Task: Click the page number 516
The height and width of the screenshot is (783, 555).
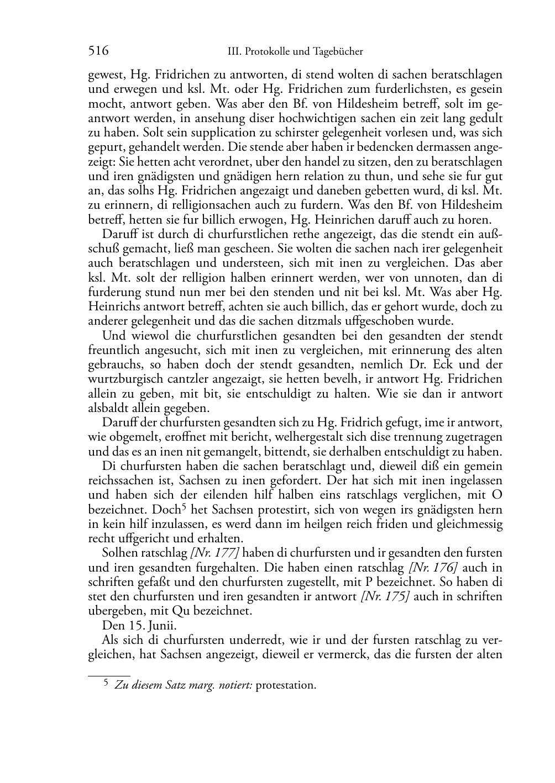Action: [x=98, y=51]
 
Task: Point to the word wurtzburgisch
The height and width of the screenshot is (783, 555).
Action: [x=124, y=379]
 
